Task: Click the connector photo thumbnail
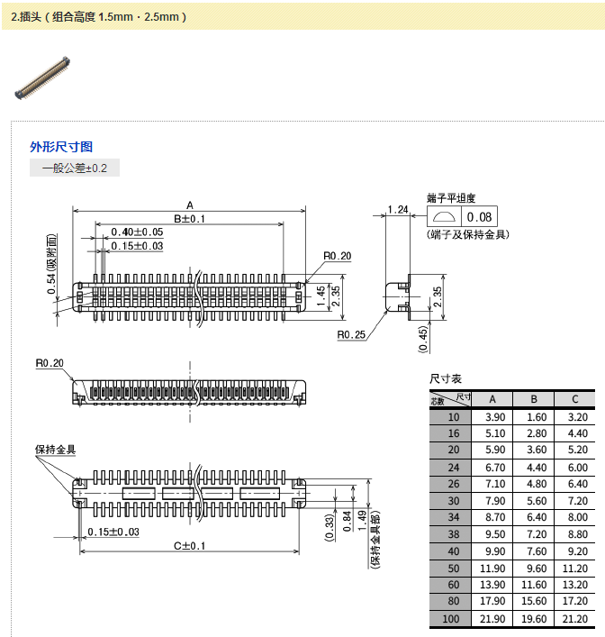(44, 76)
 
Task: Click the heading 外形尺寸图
(61, 147)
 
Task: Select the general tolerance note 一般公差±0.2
(75, 168)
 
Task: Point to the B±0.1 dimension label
(190, 219)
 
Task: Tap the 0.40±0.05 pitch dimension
(138, 232)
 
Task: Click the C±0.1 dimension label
(190, 546)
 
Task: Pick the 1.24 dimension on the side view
(398, 210)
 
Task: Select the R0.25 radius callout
(350, 335)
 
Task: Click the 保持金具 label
(56, 450)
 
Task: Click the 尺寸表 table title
(446, 379)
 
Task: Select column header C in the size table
(574, 399)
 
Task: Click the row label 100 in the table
(452, 619)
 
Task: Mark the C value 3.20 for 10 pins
(574, 416)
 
